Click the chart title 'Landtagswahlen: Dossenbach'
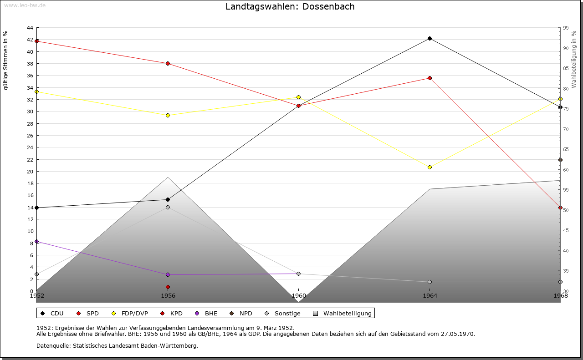(290, 6)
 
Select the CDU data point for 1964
(430, 38)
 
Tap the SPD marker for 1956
(168, 63)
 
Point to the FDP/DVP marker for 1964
(430, 167)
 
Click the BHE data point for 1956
(168, 274)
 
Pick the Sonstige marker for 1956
(168, 207)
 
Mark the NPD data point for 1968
(560, 160)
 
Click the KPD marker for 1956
(168, 287)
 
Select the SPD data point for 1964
(430, 78)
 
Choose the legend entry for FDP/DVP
(130, 313)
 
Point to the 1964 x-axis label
(430, 295)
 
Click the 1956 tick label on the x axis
(168, 295)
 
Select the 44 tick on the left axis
(30, 28)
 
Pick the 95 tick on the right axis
(566, 28)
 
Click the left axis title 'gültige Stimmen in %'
(6, 60)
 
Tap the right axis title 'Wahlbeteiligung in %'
(574, 59)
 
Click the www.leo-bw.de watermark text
(24, 5)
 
